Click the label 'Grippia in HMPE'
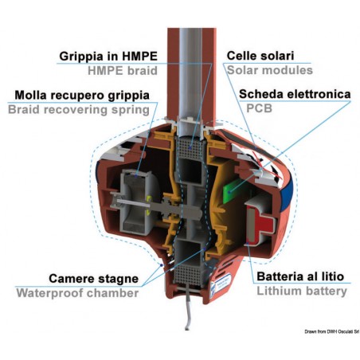(108, 57)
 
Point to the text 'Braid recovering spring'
(79, 109)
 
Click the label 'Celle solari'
(260, 57)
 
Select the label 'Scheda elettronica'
(295, 94)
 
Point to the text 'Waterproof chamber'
(83, 293)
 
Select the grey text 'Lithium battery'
(301, 292)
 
